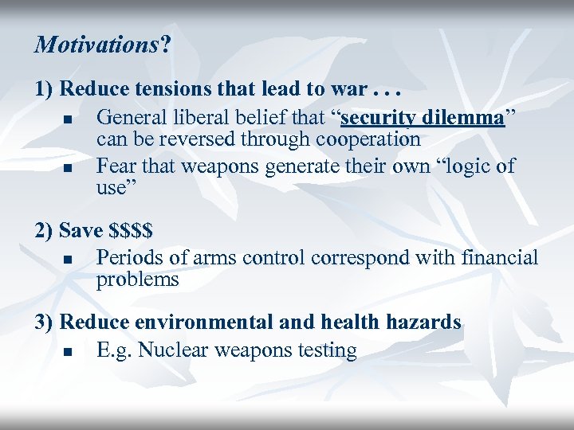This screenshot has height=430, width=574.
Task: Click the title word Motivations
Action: coord(96,45)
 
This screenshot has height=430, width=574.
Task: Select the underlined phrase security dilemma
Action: coord(423,119)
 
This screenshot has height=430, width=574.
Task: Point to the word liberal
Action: coord(207,119)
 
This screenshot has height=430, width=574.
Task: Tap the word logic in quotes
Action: coord(462,166)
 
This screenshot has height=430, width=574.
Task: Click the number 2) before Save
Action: coord(44,231)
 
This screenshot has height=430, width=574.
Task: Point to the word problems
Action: coord(137,279)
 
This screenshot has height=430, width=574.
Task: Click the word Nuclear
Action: coord(172,350)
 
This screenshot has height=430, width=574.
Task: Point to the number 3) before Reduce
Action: coord(44,322)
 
